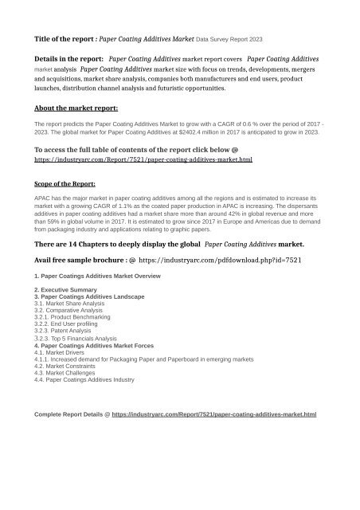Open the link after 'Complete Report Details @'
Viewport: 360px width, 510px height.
click(x=214, y=415)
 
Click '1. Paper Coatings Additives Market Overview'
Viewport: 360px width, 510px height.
click(x=98, y=275)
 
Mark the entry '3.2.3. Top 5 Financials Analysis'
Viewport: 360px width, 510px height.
click(x=82, y=339)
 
